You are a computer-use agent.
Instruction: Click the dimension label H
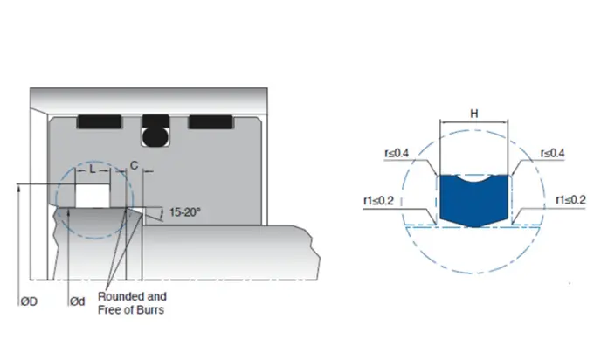click(474, 115)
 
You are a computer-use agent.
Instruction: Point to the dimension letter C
click(133, 164)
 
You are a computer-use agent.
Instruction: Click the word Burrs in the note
click(150, 310)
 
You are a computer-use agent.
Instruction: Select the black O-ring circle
click(155, 135)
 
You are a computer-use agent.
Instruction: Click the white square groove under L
click(92, 194)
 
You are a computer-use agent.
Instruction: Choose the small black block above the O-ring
click(155, 120)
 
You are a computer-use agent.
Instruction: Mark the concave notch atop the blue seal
click(474, 177)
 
